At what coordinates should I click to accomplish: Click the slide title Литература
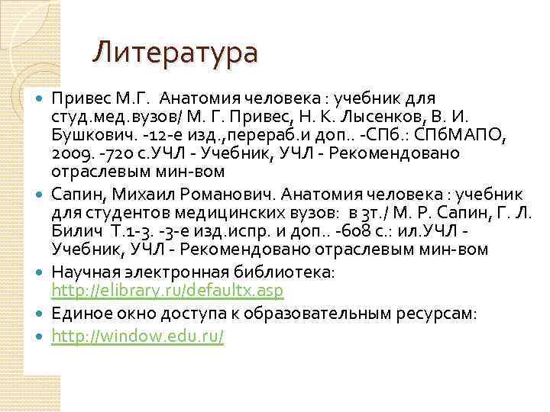(x=176, y=53)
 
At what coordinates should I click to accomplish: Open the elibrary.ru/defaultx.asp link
(x=167, y=291)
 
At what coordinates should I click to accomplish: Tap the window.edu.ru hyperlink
(x=137, y=336)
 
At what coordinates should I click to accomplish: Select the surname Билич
(x=74, y=230)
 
